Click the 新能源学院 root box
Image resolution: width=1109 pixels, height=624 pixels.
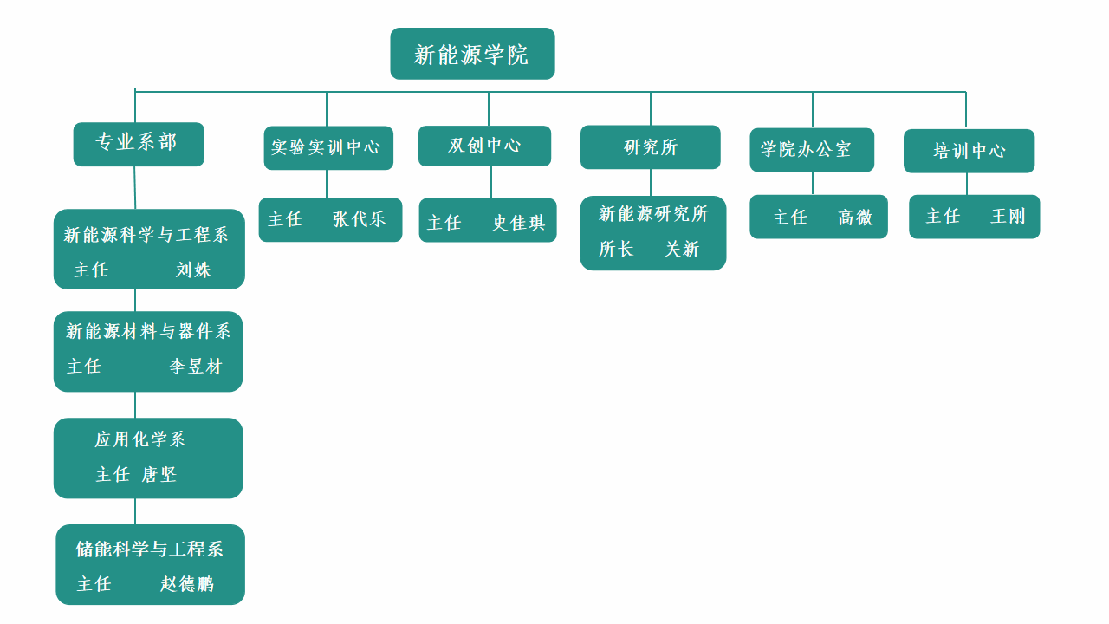pyautogui.click(x=472, y=54)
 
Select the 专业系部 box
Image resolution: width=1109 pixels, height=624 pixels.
pyautogui.click(x=139, y=144)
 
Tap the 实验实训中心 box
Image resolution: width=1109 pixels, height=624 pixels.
pyautogui.click(x=328, y=147)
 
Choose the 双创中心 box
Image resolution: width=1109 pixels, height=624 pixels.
pyautogui.click(x=484, y=146)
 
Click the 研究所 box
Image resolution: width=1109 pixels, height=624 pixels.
pyautogui.click(x=650, y=147)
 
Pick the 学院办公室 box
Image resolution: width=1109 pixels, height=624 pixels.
pyautogui.click(x=811, y=149)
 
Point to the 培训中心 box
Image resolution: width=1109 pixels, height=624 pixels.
pyautogui.click(x=969, y=151)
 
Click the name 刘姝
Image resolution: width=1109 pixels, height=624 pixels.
pyautogui.click(x=193, y=270)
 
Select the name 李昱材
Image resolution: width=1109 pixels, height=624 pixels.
pyautogui.click(x=196, y=367)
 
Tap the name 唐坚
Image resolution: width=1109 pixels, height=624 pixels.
pyautogui.click(x=159, y=474)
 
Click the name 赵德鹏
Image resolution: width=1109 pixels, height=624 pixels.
pyautogui.click(x=186, y=584)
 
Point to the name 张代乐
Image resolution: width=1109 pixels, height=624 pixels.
pyautogui.click(x=359, y=219)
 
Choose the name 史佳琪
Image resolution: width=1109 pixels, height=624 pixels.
pyautogui.click(x=519, y=223)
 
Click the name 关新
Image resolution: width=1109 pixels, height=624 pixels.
pyautogui.click(x=682, y=250)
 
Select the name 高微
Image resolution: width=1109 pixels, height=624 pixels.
pyautogui.click(x=855, y=218)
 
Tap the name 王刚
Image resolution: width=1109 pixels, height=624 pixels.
pyautogui.click(x=1008, y=216)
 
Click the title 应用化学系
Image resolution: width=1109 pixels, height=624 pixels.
pyautogui.click(x=140, y=439)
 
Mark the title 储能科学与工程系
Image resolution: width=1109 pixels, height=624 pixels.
pyautogui.click(x=149, y=549)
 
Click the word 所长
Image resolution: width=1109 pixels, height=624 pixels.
pyautogui.click(x=616, y=250)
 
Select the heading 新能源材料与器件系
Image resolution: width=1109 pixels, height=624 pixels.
pyautogui.click(x=148, y=331)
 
